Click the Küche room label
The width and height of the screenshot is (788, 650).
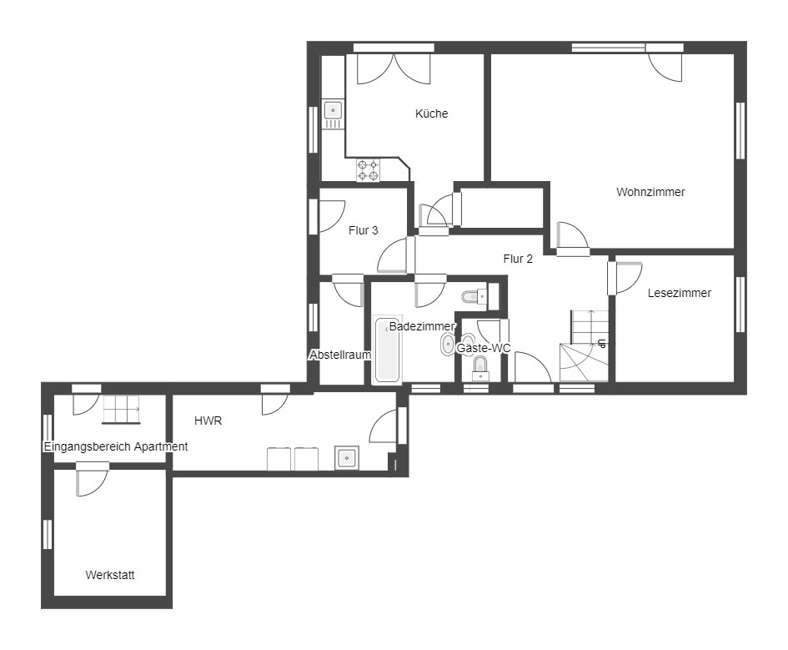coord(431,113)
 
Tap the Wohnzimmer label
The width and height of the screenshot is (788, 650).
coord(650,192)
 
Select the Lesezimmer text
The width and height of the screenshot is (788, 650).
coord(679,293)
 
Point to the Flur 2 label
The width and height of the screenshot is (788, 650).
coord(518,259)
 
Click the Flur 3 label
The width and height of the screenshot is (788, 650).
coord(363,231)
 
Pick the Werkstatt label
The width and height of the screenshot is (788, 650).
coord(109,575)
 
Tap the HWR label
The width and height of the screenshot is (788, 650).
coord(208,421)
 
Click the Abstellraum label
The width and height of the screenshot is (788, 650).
coord(340,355)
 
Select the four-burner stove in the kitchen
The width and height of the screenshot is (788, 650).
coord(368,170)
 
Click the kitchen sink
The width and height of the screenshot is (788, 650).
coord(333,114)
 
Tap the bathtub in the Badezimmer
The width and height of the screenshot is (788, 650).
coord(387,349)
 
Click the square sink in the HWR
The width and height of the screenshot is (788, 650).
coord(347,458)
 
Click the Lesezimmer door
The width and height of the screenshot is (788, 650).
coord(625,278)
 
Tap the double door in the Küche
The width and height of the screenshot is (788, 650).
coord(394,69)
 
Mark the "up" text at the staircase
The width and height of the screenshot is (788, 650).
coord(601,343)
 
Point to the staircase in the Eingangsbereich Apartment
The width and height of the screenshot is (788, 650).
coord(122,410)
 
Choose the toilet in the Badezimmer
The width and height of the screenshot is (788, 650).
coord(475,297)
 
